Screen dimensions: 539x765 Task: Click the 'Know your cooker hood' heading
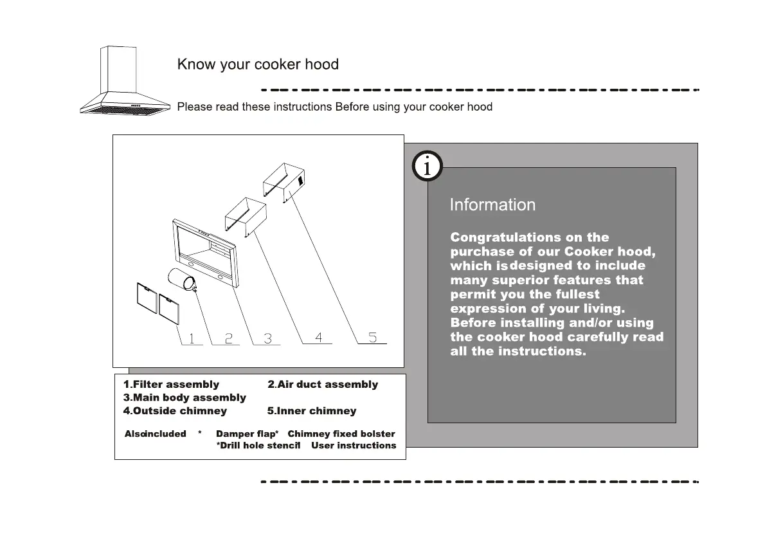coord(258,64)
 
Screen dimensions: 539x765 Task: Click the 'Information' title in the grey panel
coord(492,205)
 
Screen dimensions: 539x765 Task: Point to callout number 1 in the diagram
coord(191,338)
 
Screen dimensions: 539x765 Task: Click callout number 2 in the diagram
coord(228,338)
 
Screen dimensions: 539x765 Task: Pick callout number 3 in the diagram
coord(267,338)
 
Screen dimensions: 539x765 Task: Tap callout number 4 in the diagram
coord(319,336)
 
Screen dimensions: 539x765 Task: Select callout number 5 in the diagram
coord(373,336)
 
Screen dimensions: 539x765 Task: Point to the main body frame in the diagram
coord(206,251)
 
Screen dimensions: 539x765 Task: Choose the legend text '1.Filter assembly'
coord(171,385)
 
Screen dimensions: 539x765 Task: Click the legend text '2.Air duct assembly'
coord(323,385)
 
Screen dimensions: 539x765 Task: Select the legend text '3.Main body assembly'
coord(184,397)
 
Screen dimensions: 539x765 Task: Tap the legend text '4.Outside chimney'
coord(175,410)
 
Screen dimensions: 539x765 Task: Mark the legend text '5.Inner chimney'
coord(311,410)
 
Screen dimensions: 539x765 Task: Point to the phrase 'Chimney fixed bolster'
coord(341,434)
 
